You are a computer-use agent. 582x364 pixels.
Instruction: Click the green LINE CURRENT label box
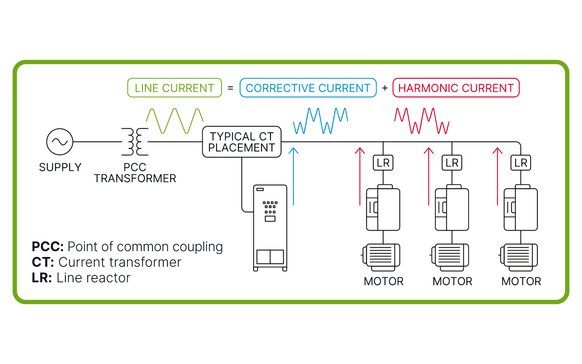click(175, 88)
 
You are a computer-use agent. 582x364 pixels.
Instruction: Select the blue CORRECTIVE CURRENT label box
click(308, 88)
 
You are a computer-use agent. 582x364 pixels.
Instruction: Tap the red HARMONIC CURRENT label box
click(456, 88)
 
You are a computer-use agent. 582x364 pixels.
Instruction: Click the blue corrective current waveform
click(320, 121)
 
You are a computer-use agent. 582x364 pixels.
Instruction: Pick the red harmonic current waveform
click(422, 121)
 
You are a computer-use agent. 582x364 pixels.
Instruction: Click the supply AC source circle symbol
click(60, 142)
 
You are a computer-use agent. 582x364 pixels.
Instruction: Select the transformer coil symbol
click(135, 142)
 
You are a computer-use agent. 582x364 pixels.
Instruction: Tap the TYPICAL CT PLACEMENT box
click(242, 142)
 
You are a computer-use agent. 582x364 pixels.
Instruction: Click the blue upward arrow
click(293, 177)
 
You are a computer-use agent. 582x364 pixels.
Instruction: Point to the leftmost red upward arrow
click(360, 177)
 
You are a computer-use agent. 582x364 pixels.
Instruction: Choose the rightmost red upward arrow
click(497, 177)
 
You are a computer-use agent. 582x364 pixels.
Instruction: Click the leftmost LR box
click(383, 163)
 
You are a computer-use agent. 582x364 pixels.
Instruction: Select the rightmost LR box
click(521, 163)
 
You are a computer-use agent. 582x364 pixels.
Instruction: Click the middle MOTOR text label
click(452, 281)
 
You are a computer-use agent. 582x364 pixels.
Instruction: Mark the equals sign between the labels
click(231, 88)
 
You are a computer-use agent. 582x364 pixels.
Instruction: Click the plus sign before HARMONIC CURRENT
click(385, 88)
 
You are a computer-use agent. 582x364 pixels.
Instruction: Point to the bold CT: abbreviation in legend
click(43, 262)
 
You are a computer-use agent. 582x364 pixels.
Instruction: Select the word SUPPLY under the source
click(60, 167)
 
